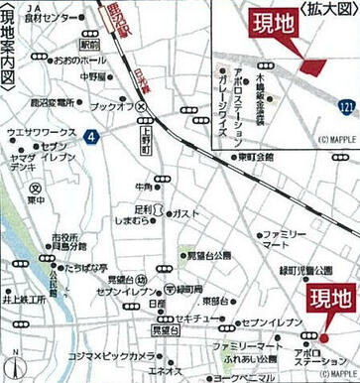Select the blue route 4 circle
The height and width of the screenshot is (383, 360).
tap(90, 135)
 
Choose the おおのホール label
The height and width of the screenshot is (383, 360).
tap(77, 60)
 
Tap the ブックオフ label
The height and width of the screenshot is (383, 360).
tap(112, 105)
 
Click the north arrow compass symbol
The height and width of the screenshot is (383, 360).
tap(16, 353)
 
